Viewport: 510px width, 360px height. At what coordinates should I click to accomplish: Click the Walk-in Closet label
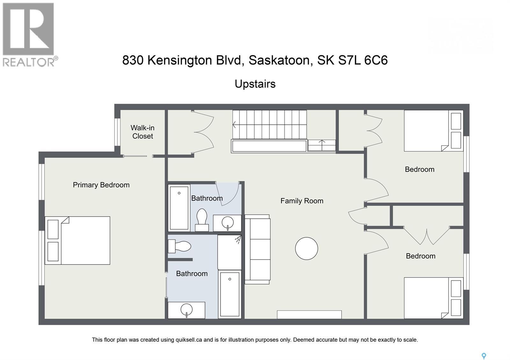coord(142,132)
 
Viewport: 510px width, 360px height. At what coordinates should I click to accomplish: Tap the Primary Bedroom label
coord(101,185)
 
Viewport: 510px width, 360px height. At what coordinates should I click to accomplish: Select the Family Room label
coord(302,201)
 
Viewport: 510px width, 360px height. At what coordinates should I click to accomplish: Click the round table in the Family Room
coord(306,248)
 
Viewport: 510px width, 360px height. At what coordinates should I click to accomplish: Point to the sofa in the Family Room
coord(257,249)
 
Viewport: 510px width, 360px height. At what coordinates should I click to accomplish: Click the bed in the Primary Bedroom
coord(78,241)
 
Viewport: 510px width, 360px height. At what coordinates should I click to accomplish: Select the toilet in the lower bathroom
coord(180,246)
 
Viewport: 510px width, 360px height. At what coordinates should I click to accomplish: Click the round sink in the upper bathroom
coord(228,221)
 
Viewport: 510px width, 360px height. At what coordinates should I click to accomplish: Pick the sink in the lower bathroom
coord(186,309)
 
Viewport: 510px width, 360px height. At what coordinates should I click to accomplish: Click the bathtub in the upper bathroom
coord(179,208)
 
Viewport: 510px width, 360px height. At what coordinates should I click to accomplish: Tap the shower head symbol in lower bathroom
coord(238,239)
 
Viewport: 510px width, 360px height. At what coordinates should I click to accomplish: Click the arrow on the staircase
coord(234,125)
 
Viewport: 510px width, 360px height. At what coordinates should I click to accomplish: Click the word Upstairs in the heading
coord(255,84)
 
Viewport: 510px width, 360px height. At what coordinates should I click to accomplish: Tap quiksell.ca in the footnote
coord(189,340)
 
